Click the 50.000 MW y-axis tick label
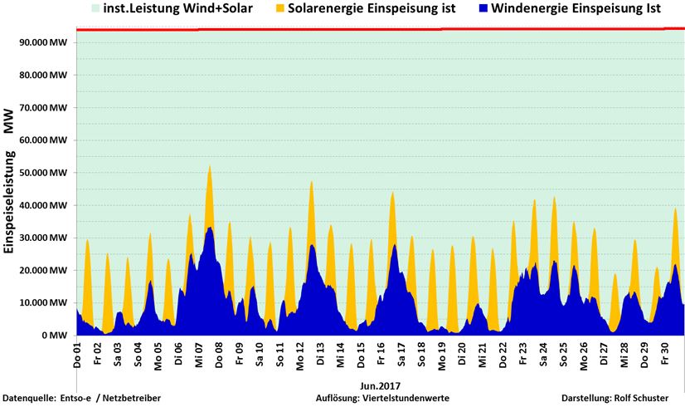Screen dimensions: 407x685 46,173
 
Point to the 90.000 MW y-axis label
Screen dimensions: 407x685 46,42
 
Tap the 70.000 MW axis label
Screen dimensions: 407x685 46,108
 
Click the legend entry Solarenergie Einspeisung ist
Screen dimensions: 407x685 368,11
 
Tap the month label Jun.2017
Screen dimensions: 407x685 381,385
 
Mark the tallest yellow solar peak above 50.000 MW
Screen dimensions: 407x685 210,167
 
